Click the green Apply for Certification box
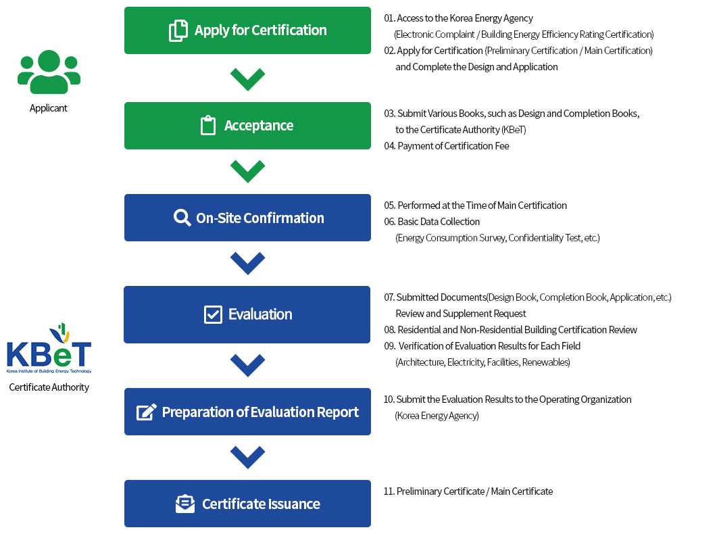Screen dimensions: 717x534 pyautogui.click(x=247, y=30)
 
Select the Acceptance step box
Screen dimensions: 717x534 pyautogui.click(x=247, y=126)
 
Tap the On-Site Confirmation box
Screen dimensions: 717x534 pyautogui.click(x=247, y=218)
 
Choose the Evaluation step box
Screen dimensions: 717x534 pyautogui.click(x=247, y=314)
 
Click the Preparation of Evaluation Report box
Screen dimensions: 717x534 pyautogui.click(x=247, y=412)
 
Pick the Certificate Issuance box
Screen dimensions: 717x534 pyautogui.click(x=247, y=504)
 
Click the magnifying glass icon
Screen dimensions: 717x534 pyautogui.click(x=182, y=218)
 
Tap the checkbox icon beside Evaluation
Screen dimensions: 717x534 pyautogui.click(x=213, y=314)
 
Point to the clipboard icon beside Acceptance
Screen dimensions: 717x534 pyautogui.click(x=208, y=125)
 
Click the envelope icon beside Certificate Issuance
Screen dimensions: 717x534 pyautogui.click(x=185, y=504)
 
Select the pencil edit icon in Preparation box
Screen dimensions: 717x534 pyautogui.click(x=147, y=412)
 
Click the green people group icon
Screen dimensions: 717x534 pyautogui.click(x=49, y=72)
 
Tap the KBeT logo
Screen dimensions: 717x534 pyautogui.click(x=49, y=348)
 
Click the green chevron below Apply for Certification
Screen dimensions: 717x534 pyautogui.click(x=247, y=80)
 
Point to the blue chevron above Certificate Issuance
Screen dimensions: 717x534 pyautogui.click(x=247, y=457)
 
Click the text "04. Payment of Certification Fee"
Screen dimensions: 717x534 pyautogui.click(x=447, y=146)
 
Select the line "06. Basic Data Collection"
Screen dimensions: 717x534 pyautogui.click(x=432, y=222)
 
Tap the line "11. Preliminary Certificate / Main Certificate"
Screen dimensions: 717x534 pyautogui.click(x=468, y=491)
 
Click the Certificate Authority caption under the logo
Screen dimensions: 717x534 pyautogui.click(x=49, y=387)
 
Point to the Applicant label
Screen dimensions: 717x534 pyautogui.click(x=49, y=108)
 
